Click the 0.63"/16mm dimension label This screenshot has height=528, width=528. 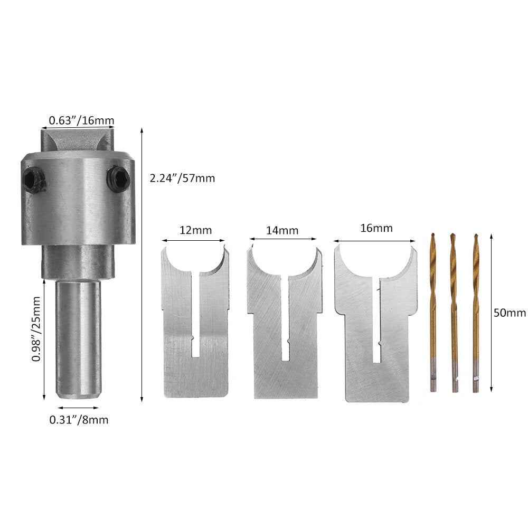click(81, 121)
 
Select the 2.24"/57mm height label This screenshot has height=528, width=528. click(182, 178)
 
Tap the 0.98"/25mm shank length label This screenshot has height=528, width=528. click(36, 328)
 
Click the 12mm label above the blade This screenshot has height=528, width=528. click(195, 230)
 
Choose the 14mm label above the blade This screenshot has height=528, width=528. click(283, 230)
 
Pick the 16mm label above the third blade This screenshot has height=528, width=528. click(376, 228)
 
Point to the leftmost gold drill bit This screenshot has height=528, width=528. click(433, 312)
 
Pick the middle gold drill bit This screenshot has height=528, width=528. click(454, 312)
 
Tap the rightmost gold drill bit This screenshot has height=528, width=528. click(476, 312)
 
